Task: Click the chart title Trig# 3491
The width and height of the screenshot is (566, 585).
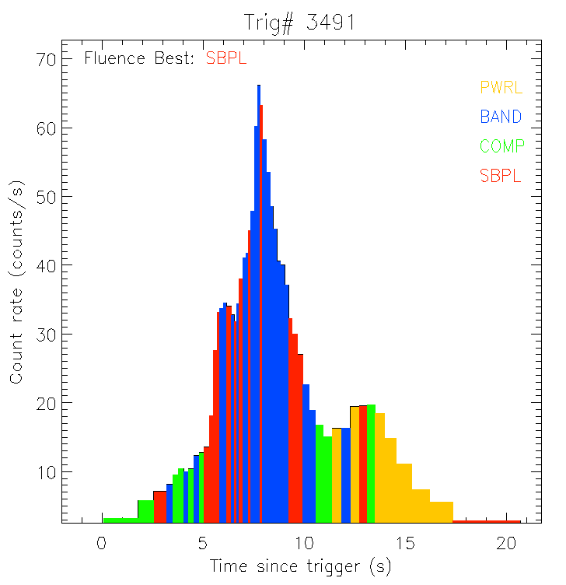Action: pos(300,23)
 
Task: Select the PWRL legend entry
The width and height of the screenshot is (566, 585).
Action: pos(501,87)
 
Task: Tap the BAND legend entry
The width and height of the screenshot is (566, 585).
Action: pos(501,117)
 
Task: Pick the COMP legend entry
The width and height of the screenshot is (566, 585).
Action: pos(501,146)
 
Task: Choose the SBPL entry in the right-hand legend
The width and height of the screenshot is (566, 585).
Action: pos(500,176)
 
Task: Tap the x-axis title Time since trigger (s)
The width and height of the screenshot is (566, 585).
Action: pos(300,566)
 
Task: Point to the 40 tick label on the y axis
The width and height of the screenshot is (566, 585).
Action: pos(43,265)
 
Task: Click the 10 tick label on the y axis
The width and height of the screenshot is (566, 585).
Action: pos(43,472)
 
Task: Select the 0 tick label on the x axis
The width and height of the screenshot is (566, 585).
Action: pos(101,543)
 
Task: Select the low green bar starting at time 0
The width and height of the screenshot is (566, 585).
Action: pos(120,520)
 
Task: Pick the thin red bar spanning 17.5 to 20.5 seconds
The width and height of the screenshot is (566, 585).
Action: pos(487,521)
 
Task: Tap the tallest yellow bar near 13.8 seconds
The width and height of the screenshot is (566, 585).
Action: pos(380,467)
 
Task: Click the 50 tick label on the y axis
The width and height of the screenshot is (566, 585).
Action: pos(43,196)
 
